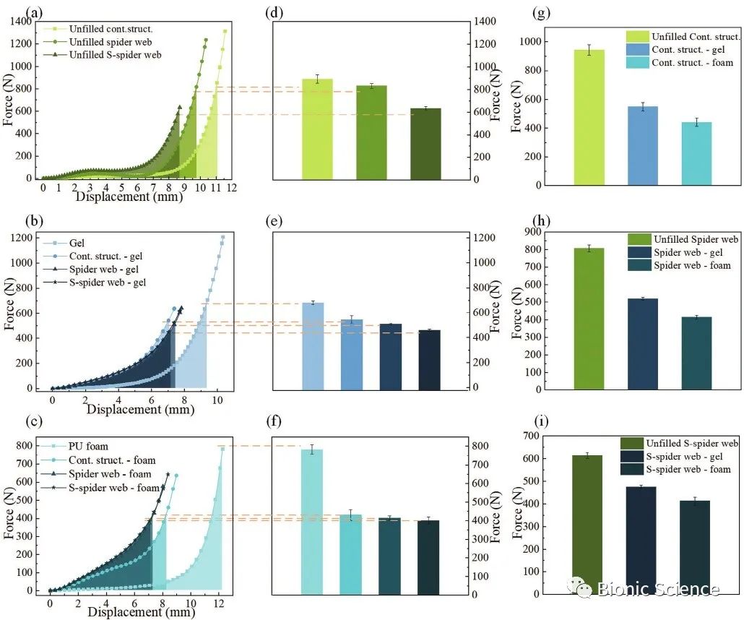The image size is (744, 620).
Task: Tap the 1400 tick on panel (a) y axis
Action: pyautogui.click(x=24, y=22)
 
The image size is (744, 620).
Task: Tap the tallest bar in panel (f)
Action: pyautogui.click(x=312, y=520)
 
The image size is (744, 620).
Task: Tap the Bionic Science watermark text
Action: pyautogui.click(x=657, y=589)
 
